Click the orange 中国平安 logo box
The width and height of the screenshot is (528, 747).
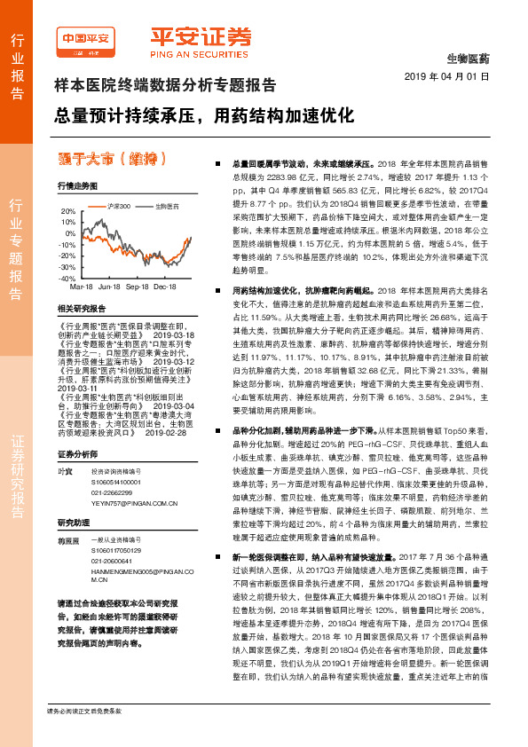86,40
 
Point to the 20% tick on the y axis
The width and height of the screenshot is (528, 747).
67,211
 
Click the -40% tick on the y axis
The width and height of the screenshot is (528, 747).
67,278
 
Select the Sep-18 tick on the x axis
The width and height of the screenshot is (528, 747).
137,287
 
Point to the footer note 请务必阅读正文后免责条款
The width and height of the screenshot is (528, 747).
85,735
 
